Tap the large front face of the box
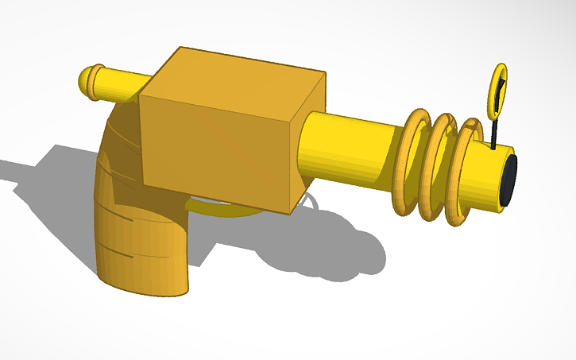(211, 147)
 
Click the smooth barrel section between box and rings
(350, 147)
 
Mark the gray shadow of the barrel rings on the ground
(334, 254)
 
